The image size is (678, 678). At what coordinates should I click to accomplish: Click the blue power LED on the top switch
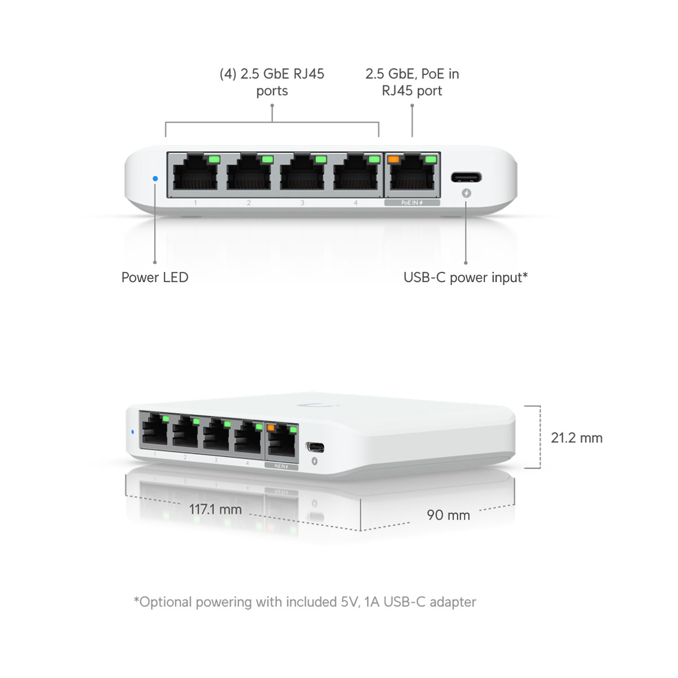155,179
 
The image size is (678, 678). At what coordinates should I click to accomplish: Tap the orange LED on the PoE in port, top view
393,159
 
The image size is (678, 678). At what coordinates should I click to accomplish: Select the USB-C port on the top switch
466,177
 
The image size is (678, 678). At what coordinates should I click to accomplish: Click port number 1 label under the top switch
195,203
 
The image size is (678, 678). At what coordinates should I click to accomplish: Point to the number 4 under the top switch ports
355,203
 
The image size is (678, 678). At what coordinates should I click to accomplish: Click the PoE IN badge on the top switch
412,203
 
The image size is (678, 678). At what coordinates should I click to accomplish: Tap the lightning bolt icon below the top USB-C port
466,193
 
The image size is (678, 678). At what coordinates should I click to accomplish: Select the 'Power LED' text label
155,277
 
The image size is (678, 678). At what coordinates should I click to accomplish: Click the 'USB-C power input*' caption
466,277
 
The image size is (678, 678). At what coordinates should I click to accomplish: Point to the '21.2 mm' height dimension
576,438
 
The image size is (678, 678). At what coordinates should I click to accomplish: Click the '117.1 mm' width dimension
215,510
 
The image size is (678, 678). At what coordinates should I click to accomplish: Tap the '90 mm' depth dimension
448,515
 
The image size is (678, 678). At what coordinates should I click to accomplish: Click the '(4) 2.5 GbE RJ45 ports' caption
272,82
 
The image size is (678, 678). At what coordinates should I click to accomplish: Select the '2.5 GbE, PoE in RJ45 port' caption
412,82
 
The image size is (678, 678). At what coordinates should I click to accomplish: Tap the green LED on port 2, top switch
267,159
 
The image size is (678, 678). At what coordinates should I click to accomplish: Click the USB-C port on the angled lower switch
315,447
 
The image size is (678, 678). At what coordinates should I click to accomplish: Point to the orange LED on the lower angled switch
271,428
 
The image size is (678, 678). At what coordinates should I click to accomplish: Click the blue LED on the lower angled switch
132,432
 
